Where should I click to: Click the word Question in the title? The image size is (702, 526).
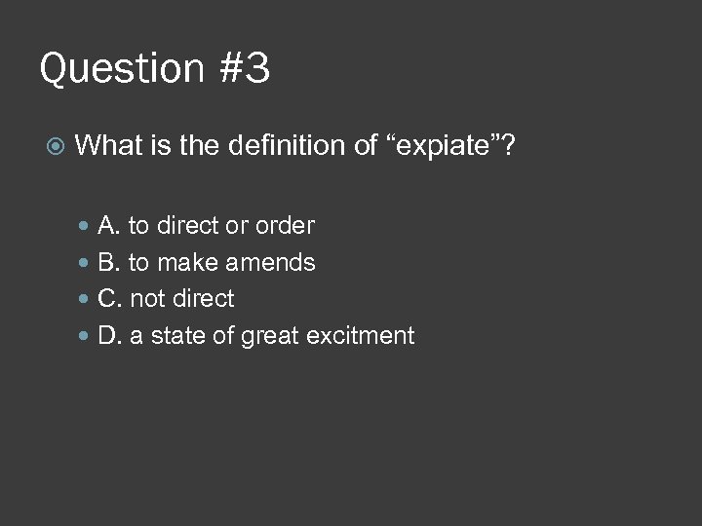click(x=119, y=70)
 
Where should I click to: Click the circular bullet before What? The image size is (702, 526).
click(x=57, y=146)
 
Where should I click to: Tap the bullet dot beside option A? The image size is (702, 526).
click(x=85, y=226)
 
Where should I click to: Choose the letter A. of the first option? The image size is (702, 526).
click(x=109, y=226)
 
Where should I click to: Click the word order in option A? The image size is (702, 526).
click(x=285, y=226)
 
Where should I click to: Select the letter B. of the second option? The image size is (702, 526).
click(x=109, y=263)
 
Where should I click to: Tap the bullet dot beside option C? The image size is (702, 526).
click(x=85, y=299)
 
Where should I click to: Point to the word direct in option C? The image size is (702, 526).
click(x=204, y=299)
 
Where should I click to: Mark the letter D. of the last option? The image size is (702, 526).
click(x=109, y=336)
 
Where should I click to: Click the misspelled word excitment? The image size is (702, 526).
click(x=361, y=336)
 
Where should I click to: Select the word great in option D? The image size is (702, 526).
click(x=269, y=336)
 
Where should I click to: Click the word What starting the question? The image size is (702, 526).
click(x=107, y=146)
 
